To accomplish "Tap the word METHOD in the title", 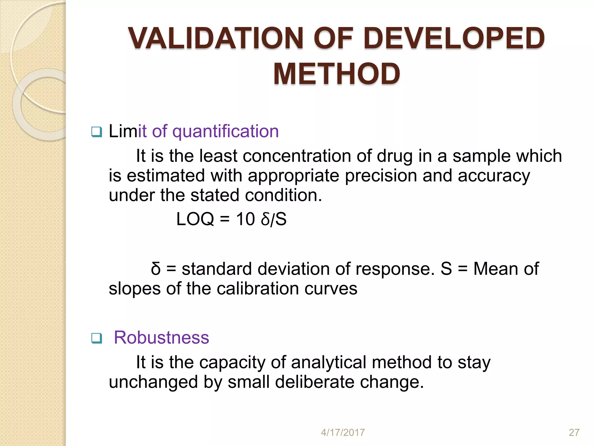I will [336, 74].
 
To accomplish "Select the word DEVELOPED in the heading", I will [454, 38].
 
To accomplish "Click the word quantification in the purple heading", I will [225, 131].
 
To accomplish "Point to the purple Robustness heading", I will [161, 337].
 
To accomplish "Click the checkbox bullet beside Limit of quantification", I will [96, 132].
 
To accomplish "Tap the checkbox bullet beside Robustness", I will [96, 338].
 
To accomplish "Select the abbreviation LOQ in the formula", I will [195, 219].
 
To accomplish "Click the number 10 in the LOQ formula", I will [245, 219].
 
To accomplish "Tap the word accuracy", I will [494, 176].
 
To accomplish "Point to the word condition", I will [283, 195].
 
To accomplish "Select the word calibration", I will [258, 289].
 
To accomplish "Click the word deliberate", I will [314, 382].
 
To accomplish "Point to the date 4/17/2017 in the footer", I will [343, 433].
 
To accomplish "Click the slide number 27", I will [574, 433].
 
